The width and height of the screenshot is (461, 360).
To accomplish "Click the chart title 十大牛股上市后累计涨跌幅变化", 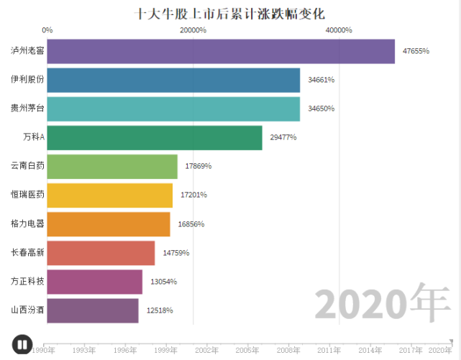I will coord(230,14).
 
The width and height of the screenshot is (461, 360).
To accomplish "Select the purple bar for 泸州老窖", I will coord(221,51).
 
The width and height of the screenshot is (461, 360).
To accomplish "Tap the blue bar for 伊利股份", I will coord(173,80).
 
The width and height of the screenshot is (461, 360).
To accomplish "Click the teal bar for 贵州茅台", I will coord(173,109).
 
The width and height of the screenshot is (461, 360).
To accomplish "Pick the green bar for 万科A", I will coord(155,137).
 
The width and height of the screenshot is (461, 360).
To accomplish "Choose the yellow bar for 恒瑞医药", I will coord(110,195).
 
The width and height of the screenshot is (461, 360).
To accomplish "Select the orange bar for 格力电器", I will coord(109,224).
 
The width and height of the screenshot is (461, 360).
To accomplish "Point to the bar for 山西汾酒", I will coord(93,310).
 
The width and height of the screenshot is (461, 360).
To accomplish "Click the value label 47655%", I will coord(416,51).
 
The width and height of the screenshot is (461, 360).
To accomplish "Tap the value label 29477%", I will coord(283,137).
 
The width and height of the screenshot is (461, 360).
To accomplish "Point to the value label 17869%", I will coord(198,166).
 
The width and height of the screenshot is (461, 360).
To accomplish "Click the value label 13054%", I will coord(163,282).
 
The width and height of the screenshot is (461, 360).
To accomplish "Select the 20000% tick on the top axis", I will coord(193,30).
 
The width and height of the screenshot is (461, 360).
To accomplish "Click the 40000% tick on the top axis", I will coord(339,30).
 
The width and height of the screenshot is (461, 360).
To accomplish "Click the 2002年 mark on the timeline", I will coord(207,350).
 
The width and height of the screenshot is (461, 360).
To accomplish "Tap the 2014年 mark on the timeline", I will coord(370,350).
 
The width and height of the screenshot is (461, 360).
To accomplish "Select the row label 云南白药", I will coord(27,166).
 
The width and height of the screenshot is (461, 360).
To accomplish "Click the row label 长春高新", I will coord(27,253).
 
